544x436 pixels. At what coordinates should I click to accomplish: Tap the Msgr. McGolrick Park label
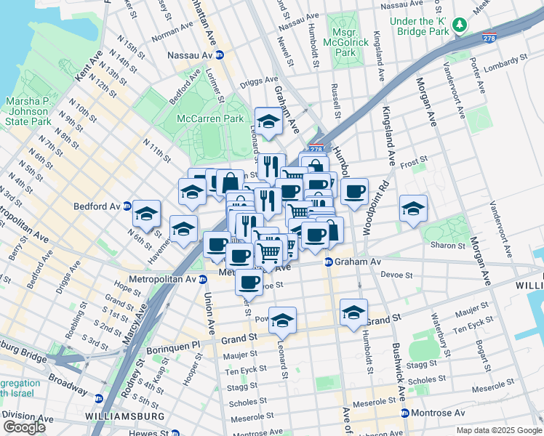[346, 43]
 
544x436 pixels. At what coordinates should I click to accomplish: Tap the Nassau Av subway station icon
[219, 54]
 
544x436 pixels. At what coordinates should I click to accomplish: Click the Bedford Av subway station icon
[127, 206]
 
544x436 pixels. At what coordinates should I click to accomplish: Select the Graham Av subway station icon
[329, 262]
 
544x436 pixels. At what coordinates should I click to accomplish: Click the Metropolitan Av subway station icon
[203, 279]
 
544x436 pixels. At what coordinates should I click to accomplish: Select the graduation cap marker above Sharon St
[413, 208]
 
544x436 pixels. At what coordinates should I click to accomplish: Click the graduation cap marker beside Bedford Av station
[146, 213]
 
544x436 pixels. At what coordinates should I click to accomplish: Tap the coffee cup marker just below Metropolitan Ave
[249, 281]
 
